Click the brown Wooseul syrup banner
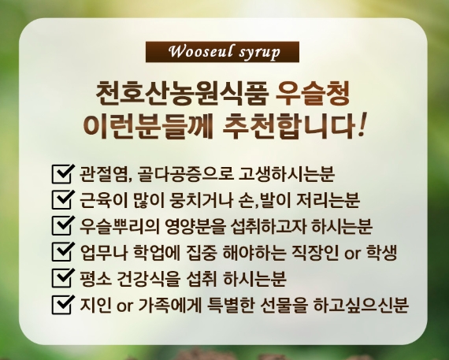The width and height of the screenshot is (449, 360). point(222,52)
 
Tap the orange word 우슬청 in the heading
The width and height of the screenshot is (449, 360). point(313,94)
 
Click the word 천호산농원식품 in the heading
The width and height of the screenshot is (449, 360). point(182,94)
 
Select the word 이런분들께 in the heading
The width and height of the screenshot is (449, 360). point(148,125)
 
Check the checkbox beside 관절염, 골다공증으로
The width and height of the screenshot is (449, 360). point(63,174)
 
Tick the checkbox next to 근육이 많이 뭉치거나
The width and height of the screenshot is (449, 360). point(63,199)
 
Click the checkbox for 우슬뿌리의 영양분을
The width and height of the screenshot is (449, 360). point(63,225)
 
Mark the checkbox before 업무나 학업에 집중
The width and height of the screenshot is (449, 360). point(63,252)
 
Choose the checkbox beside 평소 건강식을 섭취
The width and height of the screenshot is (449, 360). point(63,278)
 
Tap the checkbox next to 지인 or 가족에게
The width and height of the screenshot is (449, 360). point(63,304)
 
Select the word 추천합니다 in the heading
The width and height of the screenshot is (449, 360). point(288,125)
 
